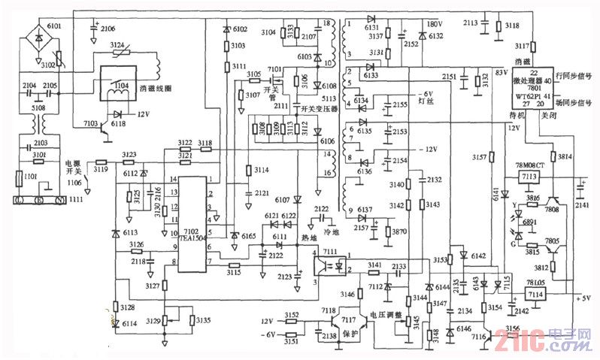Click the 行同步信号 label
[578, 77]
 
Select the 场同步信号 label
[578, 98]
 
